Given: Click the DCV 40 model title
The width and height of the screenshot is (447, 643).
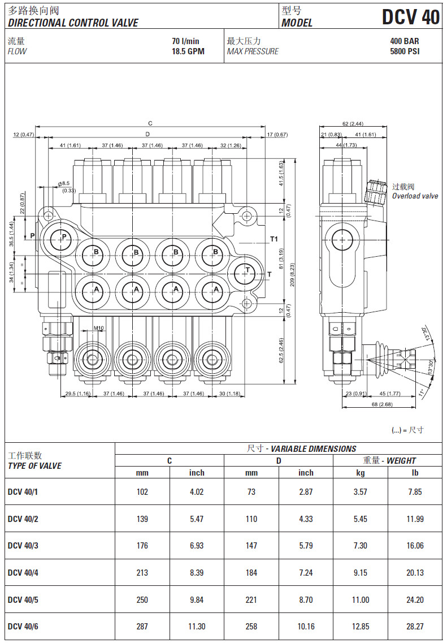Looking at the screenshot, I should click(410, 18).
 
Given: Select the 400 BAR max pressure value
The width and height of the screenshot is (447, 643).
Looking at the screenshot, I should click(405, 41).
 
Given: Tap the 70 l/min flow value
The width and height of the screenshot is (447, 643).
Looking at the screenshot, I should click(186, 41).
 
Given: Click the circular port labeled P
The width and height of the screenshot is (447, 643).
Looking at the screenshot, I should click(63, 237).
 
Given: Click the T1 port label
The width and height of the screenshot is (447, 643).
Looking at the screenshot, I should click(274, 239).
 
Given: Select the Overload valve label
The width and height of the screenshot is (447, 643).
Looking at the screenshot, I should click(415, 196).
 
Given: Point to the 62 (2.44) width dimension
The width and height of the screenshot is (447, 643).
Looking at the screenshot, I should click(353, 124).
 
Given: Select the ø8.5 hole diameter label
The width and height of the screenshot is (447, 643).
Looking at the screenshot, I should click(64, 183).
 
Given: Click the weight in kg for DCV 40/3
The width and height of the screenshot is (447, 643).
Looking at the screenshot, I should click(360, 546).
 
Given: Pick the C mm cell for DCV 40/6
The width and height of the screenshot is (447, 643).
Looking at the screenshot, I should click(142, 627).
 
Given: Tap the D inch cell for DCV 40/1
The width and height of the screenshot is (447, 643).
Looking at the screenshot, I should click(306, 492).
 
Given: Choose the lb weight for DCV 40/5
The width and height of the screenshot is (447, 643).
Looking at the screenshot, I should click(415, 600).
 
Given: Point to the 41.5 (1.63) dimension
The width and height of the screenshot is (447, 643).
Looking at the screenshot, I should click(281, 174).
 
